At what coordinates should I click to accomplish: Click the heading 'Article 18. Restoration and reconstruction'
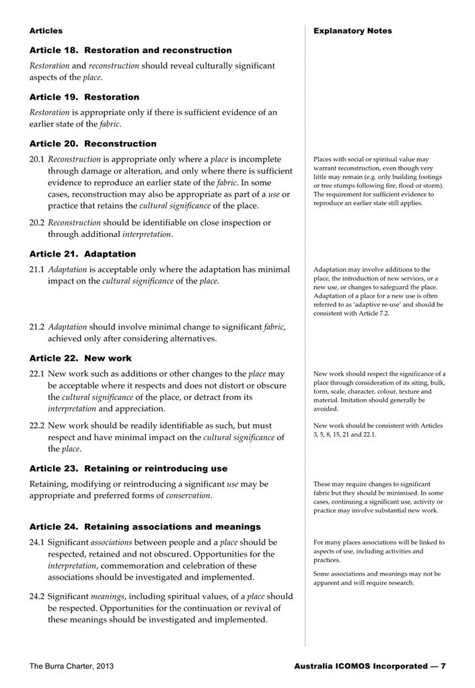[x=131, y=50]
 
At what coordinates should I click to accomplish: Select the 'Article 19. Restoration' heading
[x=84, y=97]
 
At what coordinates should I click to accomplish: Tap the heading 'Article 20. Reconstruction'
[x=93, y=143]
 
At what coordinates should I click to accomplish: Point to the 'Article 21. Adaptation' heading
[x=83, y=254]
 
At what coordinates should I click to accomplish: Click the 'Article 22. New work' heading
[x=81, y=358]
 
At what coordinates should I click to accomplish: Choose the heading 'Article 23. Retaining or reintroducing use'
[x=129, y=469]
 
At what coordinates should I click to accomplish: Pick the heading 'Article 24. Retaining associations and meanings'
[x=145, y=527]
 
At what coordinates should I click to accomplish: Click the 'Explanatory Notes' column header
[x=353, y=31]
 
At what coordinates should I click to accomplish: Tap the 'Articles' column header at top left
[x=46, y=31]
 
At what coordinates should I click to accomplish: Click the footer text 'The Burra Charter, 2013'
[x=71, y=666]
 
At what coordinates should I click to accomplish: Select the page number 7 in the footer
[x=443, y=666]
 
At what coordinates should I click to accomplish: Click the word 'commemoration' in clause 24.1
[x=132, y=566]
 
